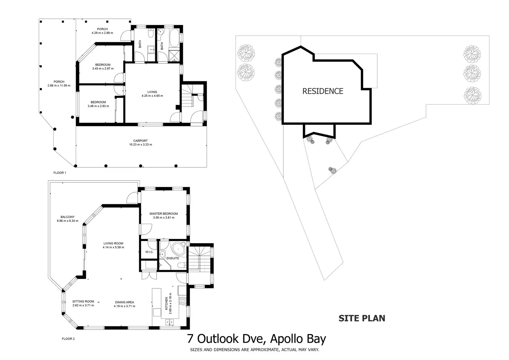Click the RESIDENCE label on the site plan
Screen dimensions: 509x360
323,91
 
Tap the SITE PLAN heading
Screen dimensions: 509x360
362,318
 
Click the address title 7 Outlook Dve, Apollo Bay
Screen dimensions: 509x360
256,339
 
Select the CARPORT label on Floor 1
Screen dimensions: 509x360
140,141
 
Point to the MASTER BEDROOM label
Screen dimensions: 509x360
164,214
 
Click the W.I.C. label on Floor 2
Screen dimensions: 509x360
149,252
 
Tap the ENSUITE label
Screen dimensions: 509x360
173,258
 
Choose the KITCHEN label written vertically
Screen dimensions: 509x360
166,303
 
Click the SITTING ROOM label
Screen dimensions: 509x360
83,302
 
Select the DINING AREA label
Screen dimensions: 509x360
124,302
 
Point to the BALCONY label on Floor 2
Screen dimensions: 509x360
67,217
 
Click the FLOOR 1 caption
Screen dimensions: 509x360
59,173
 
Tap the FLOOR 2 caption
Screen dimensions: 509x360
68,339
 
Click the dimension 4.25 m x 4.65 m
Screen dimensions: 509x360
152,96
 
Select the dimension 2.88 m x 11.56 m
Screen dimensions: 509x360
59,86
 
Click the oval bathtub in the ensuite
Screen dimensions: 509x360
179,249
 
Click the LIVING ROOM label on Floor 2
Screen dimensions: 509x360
113,243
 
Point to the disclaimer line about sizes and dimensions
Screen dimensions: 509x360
254,350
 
